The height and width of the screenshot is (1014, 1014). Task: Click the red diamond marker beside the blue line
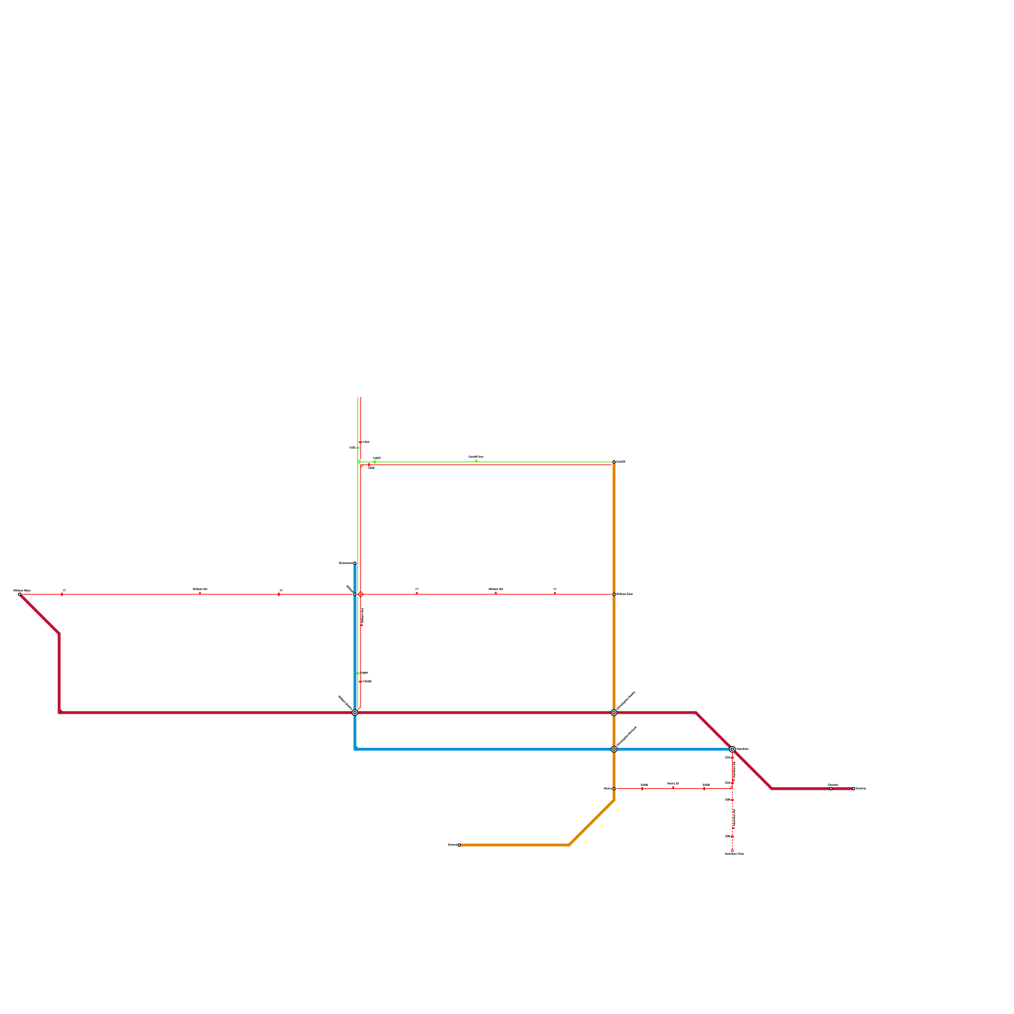360,594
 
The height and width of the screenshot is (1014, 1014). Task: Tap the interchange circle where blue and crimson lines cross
355,712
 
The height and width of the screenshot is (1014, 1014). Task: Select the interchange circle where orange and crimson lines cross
613,712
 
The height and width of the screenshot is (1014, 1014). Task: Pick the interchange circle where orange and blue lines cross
613,749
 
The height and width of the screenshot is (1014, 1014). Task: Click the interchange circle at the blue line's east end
732,749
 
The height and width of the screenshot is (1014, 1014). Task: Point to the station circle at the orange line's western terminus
459,845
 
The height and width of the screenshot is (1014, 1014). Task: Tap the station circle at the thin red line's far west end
20,594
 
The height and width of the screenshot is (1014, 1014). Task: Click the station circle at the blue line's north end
355,563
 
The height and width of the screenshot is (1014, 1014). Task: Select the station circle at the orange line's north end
613,461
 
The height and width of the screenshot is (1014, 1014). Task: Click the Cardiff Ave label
475,456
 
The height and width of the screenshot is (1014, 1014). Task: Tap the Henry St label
673,783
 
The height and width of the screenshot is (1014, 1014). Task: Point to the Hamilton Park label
735,854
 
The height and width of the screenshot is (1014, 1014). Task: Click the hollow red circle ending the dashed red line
732,850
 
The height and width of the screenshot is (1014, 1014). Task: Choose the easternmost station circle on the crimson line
853,788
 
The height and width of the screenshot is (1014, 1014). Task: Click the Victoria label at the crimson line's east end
861,788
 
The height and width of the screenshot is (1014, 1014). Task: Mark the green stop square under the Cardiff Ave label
475,461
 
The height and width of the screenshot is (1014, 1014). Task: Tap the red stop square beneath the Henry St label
673,788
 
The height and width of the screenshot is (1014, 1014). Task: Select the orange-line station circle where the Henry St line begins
613,788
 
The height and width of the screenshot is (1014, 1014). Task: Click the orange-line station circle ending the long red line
613,594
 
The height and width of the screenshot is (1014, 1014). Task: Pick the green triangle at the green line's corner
359,462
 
